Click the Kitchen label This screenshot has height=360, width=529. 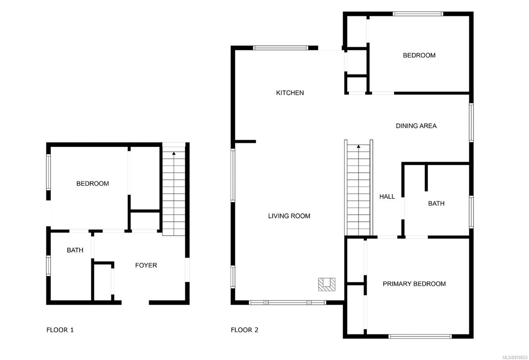pos(290,93)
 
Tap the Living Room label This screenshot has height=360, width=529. pos(289,216)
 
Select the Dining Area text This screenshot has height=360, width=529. pos(416,126)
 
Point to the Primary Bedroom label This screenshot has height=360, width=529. pos(414,284)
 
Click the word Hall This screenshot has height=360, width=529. pos(387,197)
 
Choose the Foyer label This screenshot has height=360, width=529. pos(146,265)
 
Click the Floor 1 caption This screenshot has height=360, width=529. pos(60,330)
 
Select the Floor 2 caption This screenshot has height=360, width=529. pos(244,330)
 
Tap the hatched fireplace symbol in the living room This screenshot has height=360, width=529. pos(326,284)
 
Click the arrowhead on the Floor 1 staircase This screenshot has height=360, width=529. pos(174,153)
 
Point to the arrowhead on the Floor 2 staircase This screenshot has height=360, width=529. pos(358,146)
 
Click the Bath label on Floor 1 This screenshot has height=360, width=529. pos(75,250)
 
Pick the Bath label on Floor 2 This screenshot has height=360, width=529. pos(436,203)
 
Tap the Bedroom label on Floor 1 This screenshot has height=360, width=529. pos(93,184)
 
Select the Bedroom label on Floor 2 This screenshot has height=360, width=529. pos(419,55)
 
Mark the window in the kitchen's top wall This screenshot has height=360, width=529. pos(281,48)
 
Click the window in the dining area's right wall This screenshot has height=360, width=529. pos(471,123)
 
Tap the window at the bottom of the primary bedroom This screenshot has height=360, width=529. pos(420,336)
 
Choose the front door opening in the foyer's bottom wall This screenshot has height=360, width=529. pos(135,303)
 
